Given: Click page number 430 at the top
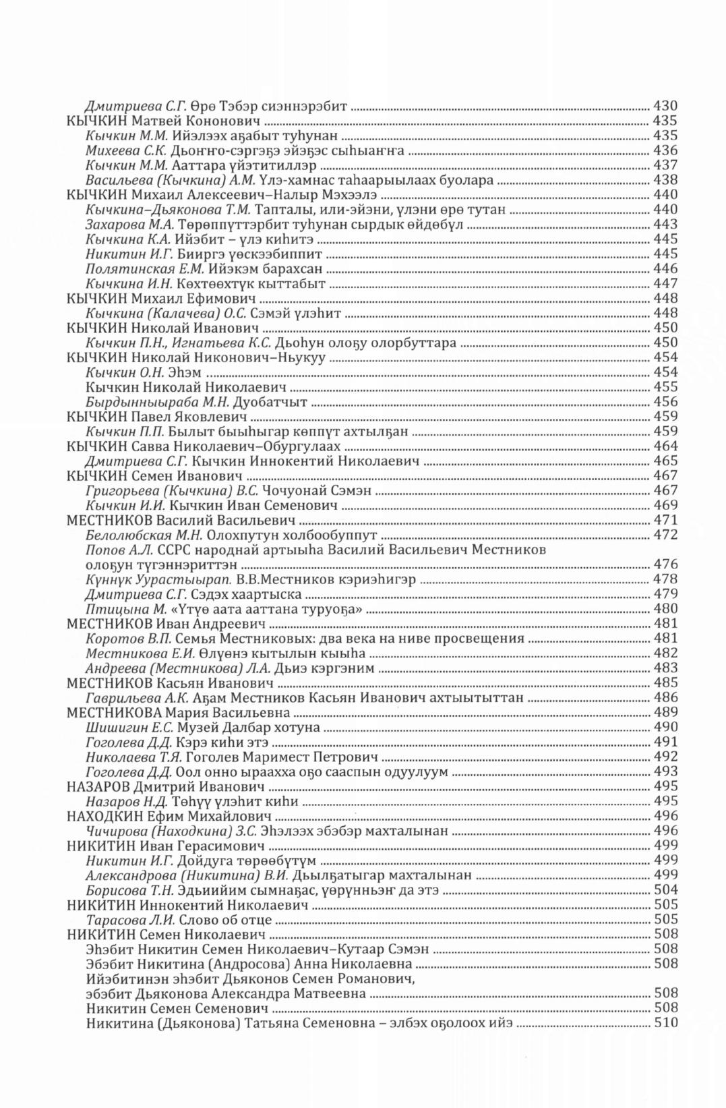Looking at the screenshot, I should [665, 106].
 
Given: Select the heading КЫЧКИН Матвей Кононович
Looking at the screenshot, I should [164, 121].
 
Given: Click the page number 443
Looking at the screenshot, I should [665, 224].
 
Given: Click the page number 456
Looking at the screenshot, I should [665, 402].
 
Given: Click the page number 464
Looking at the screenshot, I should [665, 446].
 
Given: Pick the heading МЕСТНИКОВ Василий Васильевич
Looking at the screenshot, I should [182, 520].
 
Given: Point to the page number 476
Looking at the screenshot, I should [665, 564].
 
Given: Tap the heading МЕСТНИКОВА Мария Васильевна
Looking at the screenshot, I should [179, 713].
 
